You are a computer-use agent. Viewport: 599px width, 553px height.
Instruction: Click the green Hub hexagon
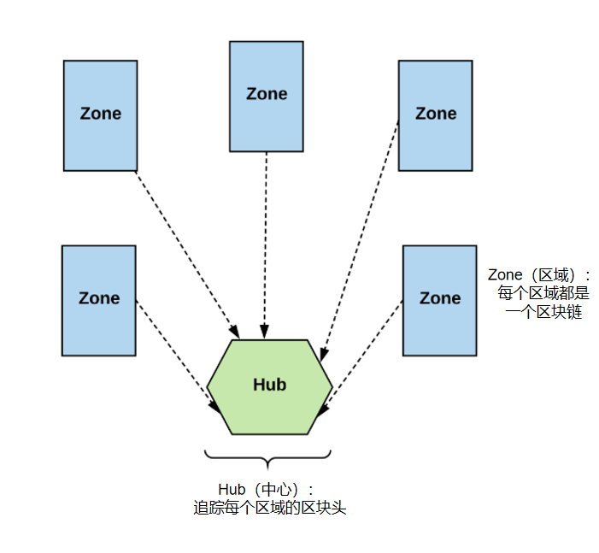click(270, 386)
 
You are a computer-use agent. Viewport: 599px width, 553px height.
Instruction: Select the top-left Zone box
click(101, 115)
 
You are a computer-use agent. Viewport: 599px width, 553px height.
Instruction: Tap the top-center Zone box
click(267, 97)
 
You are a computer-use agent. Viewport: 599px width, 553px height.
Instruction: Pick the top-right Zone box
click(436, 115)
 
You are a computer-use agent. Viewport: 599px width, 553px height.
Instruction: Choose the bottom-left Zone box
click(99, 301)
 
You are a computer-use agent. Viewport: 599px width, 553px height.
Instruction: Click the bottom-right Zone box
click(440, 301)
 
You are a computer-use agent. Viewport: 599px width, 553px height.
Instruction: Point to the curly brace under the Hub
click(267, 458)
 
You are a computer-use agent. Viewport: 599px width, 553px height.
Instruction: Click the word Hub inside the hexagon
click(270, 385)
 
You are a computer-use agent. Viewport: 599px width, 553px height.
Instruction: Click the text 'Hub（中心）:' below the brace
click(266, 489)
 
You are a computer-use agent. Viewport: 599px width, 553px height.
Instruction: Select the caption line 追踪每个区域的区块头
click(270, 508)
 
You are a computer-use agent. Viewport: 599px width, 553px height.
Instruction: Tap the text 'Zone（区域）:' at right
click(538, 274)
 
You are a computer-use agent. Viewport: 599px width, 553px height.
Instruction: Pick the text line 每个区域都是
click(543, 293)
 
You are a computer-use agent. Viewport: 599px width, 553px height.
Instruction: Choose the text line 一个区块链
click(543, 312)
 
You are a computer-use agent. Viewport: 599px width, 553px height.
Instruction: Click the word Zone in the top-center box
click(267, 94)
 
